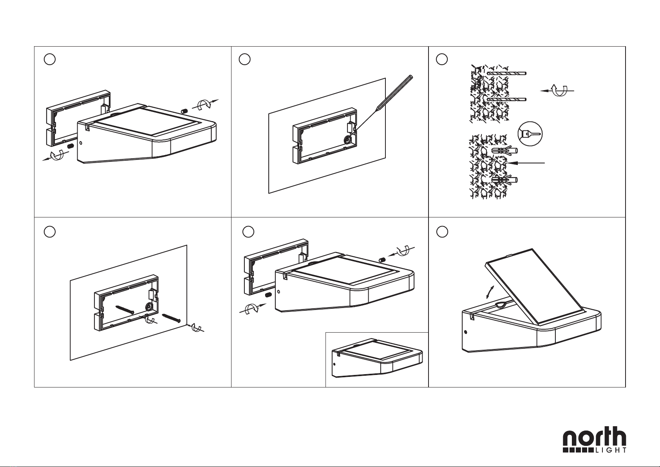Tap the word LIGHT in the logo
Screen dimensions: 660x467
611,450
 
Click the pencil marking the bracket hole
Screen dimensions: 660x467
383,103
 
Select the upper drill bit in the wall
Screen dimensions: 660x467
507,73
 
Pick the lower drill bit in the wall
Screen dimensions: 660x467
507,100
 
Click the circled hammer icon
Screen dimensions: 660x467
530,134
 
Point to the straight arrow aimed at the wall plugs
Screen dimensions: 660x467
525,163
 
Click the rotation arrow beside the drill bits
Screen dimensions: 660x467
557,91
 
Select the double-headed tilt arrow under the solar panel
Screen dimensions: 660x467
490,292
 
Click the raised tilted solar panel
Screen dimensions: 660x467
534,289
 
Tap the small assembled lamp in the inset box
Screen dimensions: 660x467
377,358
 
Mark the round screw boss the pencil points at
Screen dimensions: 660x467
349,139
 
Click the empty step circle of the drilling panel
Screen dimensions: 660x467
442,59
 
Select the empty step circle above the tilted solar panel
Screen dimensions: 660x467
442,232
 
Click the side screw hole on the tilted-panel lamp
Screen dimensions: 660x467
466,332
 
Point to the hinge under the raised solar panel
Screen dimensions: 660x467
504,304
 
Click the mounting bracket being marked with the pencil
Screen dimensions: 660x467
325,136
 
